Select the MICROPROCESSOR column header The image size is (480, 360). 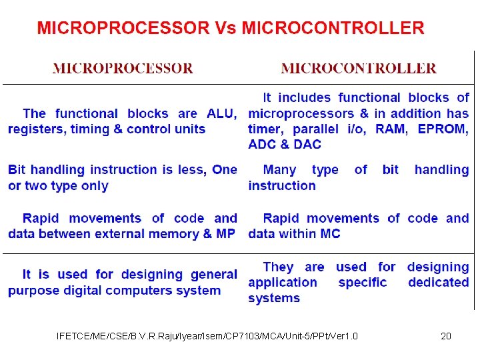(123, 68)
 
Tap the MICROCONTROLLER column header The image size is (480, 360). (359, 68)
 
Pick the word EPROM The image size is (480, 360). (443, 129)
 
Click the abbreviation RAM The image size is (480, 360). (391, 129)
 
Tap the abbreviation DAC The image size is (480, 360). (307, 145)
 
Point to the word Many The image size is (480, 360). (280, 170)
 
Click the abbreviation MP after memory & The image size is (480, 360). (225, 234)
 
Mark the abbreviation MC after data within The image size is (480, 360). (329, 234)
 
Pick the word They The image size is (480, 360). (279, 267)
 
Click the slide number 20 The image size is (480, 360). (446, 336)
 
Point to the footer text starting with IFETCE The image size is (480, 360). (207, 336)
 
